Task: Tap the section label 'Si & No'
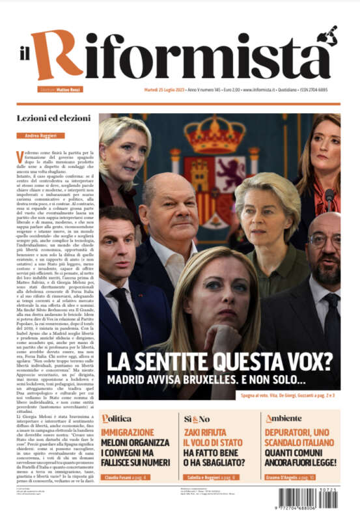point(197,419)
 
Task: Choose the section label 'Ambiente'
point(284,419)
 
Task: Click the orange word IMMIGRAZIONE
point(128,432)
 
